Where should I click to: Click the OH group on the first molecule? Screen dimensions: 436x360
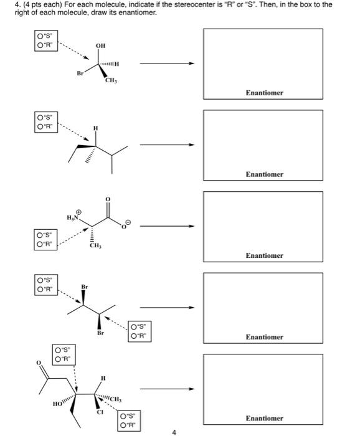(x=100, y=45)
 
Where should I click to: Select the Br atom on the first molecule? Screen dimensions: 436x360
(x=79, y=73)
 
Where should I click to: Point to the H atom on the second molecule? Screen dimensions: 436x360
(x=95, y=128)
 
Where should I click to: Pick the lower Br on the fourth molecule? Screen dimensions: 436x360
(x=99, y=333)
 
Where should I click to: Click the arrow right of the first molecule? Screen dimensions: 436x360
(x=166, y=63)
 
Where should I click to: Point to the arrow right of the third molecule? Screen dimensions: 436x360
(x=166, y=226)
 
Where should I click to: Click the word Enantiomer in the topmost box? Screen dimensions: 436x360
(x=264, y=93)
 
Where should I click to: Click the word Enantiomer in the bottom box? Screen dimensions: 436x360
(x=264, y=418)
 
